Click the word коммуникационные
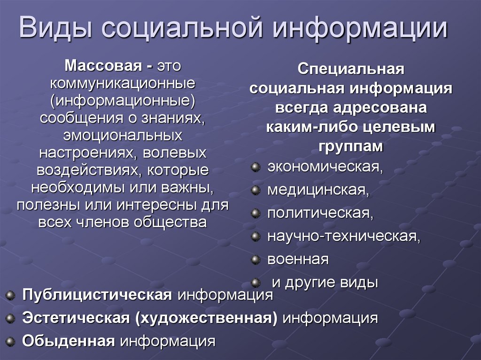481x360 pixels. (123, 84)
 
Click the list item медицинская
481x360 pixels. (318, 190)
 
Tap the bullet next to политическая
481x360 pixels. (256, 213)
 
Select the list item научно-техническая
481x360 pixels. (343, 236)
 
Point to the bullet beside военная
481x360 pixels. (256, 259)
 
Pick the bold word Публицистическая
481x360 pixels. (96, 295)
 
